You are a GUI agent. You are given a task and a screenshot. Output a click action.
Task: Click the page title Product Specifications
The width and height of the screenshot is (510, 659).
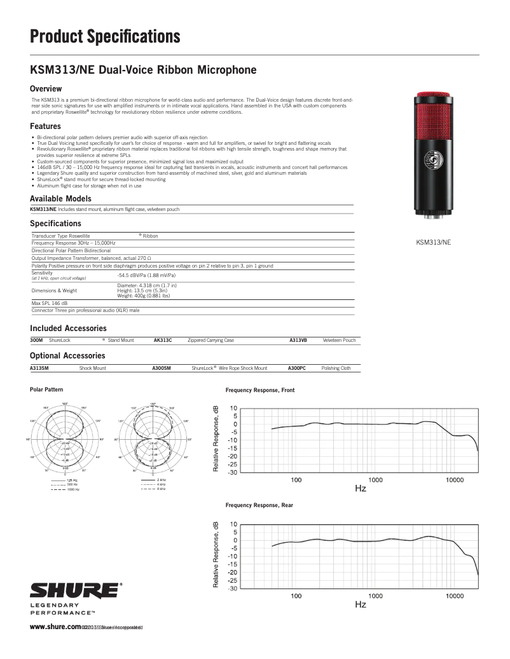[105, 36]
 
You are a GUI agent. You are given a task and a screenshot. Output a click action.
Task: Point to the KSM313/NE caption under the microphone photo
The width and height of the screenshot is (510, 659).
[433, 242]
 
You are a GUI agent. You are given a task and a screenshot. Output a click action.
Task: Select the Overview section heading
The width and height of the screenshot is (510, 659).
[46, 88]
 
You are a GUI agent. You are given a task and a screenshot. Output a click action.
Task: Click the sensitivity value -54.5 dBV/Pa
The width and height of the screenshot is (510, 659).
[146, 275]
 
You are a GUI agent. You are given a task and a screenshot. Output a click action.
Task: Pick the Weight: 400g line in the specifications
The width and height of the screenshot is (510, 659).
[144, 296]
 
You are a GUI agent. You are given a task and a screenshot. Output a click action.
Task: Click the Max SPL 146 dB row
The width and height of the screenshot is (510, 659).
[50, 304]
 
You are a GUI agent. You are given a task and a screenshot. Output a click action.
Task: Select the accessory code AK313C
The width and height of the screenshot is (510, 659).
[163, 341]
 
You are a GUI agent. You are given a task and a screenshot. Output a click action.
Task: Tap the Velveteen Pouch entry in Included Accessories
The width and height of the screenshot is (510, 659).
[339, 341]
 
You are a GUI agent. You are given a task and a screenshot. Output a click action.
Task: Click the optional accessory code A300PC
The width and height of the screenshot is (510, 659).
[296, 368]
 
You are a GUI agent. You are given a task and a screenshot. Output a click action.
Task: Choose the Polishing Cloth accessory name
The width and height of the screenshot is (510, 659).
[336, 368]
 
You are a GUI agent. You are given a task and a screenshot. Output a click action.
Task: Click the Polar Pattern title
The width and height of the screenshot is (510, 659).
[46, 389]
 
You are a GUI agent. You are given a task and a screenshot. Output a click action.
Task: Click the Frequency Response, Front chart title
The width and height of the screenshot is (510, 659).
[259, 390]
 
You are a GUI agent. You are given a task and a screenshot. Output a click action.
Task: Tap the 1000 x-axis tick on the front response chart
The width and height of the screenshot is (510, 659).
[375, 480]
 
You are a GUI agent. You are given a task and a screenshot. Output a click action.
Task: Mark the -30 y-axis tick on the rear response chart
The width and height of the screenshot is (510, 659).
[233, 588]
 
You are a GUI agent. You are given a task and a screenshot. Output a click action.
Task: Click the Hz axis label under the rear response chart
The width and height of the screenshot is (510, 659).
[360, 604]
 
